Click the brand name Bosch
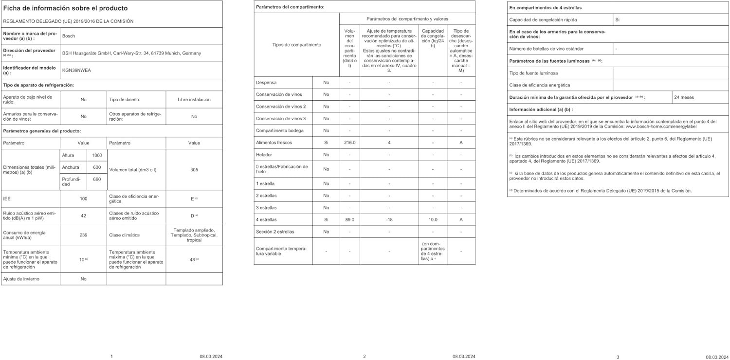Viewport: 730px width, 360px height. pyautogui.click(x=69, y=36)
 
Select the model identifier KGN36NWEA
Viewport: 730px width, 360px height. pyautogui.click(x=76, y=70)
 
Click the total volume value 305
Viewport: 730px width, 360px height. pyautogui.click(x=194, y=169)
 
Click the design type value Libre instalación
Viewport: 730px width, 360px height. pyautogui.click(x=194, y=99)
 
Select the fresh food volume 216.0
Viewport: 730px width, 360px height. pyautogui.click(x=350, y=143)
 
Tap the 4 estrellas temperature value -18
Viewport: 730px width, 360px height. pyautogui.click(x=389, y=219)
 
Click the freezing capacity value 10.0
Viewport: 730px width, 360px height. pyautogui.click(x=433, y=219)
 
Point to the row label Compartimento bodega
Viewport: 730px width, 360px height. pyautogui.click(x=277, y=130)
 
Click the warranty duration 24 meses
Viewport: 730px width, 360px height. pyautogui.click(x=684, y=97)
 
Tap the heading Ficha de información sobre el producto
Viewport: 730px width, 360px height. pyautogui.click(x=65, y=8)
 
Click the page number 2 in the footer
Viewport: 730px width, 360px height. pyautogui.click(x=365, y=357)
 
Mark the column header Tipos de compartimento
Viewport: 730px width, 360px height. pyautogui.click(x=296, y=45)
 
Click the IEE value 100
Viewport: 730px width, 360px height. pyautogui.click(x=83, y=198)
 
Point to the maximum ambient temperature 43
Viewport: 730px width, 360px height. pyautogui.click(x=192, y=259)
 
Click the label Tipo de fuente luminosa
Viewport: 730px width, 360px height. pyautogui.click(x=533, y=73)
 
